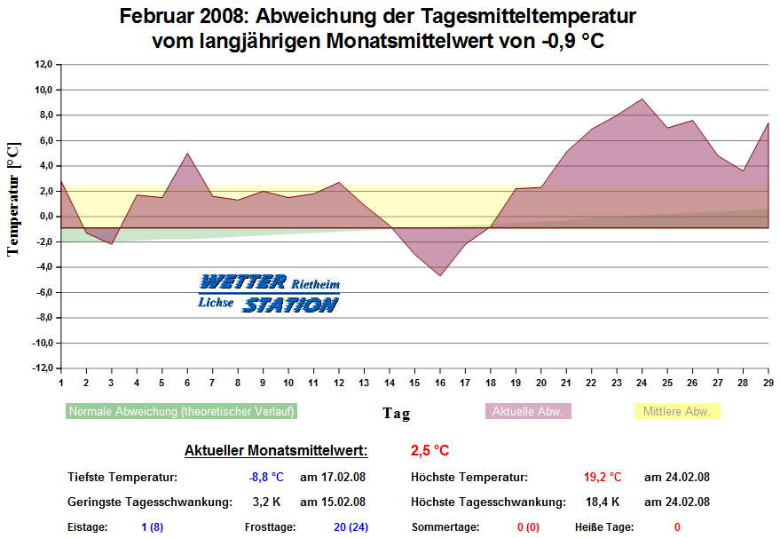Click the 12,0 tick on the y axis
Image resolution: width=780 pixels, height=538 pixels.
coord(43,64)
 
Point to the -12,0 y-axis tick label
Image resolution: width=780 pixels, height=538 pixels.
coord(42,368)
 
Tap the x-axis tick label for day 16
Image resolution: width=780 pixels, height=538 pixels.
coord(440,382)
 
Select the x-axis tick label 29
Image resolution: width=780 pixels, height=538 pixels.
coord(768,382)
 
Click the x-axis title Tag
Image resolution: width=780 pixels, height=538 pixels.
coord(396,413)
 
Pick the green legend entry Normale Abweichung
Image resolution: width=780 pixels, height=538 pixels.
coord(182,411)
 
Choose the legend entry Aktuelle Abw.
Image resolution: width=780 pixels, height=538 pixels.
coord(528,411)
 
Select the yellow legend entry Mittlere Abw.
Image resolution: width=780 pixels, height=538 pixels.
coord(677,411)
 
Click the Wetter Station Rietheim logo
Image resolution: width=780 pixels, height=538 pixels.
coord(268,293)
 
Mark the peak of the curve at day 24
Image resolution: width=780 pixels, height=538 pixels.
coord(642,99)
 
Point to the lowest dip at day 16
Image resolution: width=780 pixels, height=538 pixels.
coord(440,275)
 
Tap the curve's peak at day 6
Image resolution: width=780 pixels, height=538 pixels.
coord(187,154)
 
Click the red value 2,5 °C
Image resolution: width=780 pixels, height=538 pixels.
coord(430,451)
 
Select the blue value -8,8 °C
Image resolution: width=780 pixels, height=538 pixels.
coord(266,477)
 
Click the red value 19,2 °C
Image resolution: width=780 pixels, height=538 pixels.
coord(603,477)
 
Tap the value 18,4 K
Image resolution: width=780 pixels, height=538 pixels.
coord(603,502)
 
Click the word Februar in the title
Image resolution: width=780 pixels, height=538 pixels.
coord(155,17)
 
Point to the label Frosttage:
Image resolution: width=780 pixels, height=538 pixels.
coord(271,526)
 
